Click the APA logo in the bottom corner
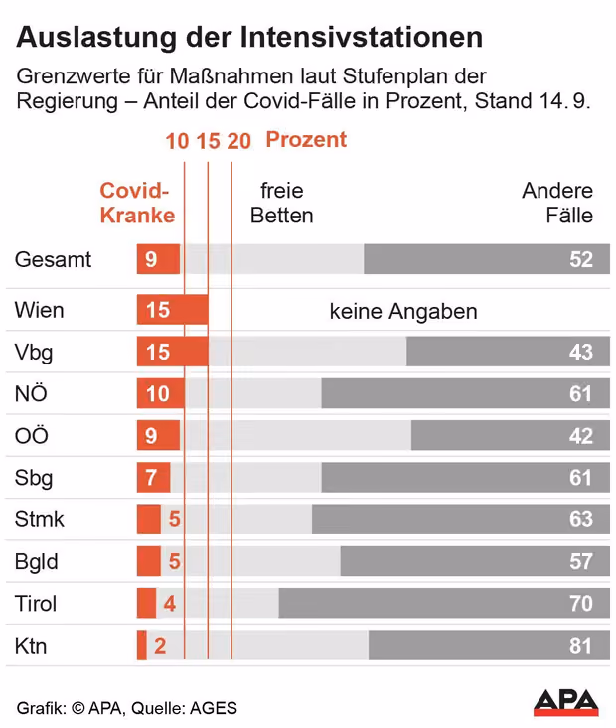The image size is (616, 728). [566, 701]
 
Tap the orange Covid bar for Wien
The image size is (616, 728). [172, 310]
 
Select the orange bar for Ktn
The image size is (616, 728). [142, 645]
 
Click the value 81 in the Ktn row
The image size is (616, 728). [580, 646]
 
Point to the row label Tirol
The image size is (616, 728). [36, 604]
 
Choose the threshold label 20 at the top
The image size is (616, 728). [238, 141]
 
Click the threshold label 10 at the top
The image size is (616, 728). [177, 141]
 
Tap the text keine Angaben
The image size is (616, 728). [403, 311]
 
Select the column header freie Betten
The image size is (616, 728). [281, 203]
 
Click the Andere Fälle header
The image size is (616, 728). [557, 203]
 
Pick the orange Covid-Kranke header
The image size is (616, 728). [137, 203]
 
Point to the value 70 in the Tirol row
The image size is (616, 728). [581, 604]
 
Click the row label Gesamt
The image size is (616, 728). [53, 259]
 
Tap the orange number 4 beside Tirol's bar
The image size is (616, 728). [170, 604]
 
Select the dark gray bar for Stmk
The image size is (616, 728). [461, 519]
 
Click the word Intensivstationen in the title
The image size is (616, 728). [362, 37]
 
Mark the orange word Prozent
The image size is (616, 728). [306, 140]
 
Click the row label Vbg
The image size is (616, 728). [34, 353]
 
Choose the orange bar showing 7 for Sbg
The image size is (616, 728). [154, 477]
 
